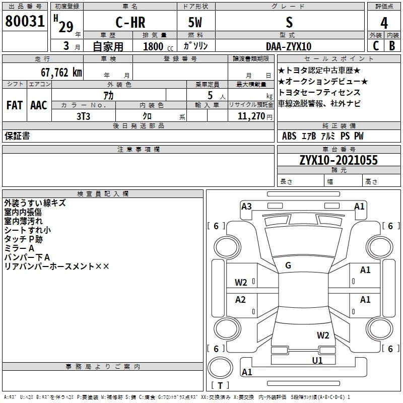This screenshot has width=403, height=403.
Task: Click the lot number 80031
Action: (25, 21)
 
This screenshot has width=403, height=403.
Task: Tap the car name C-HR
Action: (130, 22)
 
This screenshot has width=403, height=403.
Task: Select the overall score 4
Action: (384, 23)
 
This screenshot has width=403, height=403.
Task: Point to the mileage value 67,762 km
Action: (61, 73)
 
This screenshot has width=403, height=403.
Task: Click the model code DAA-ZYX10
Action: (289, 46)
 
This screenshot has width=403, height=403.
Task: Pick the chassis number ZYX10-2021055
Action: (339, 160)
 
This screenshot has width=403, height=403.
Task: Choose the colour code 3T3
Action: (83, 116)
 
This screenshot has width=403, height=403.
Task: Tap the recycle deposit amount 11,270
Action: (251, 116)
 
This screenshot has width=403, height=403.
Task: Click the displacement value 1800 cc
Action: (158, 46)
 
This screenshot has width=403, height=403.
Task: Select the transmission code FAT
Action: (15, 105)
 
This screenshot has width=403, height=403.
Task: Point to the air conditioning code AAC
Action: (39, 105)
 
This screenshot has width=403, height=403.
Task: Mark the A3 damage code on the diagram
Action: (246, 207)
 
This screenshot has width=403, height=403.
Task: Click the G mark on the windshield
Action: (288, 265)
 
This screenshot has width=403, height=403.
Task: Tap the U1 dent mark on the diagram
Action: (317, 360)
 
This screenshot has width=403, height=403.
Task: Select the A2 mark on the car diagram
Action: (240, 299)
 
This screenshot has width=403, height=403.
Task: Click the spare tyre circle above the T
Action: (220, 368)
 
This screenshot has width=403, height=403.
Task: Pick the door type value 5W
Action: (195, 22)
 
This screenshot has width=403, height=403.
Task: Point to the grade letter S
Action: (289, 22)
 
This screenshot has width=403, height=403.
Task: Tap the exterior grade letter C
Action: (376, 46)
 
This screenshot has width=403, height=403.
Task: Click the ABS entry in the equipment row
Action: (289, 136)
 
